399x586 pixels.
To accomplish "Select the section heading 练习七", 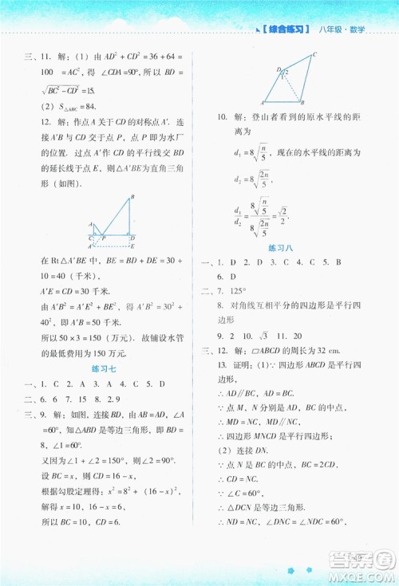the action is pos(104,369).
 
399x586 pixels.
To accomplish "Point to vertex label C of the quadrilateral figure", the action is pos(314,54).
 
